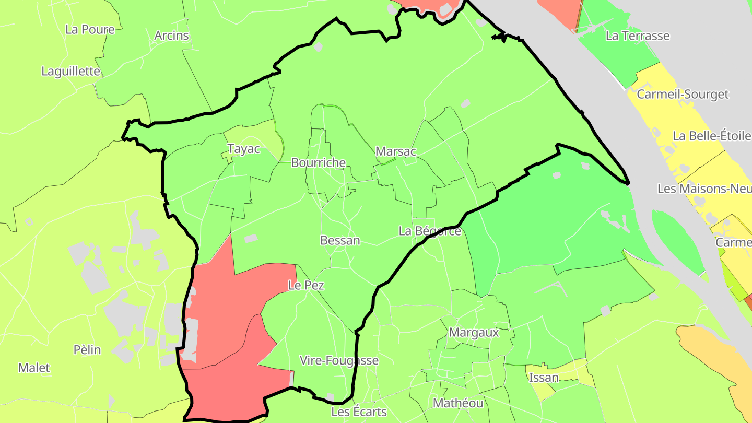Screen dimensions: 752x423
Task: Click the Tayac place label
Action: coord(244,149)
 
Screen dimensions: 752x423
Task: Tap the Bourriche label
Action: coord(319,162)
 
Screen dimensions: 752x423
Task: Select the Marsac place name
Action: coord(396,151)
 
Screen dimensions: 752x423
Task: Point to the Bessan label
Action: coord(340,240)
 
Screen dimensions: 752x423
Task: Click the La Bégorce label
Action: coord(430,231)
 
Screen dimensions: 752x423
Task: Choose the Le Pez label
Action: coord(306,285)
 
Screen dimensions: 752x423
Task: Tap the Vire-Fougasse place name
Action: coord(339,360)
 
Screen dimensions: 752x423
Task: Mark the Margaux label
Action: coord(474,332)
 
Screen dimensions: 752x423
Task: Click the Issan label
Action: coord(544,377)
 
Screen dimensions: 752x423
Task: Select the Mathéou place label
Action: coord(458,403)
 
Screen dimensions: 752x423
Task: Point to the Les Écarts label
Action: coord(359,412)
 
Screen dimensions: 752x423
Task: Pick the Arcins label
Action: coord(171,36)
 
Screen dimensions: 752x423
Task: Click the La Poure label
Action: coord(90,29)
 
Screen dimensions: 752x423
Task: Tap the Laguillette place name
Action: coord(70,71)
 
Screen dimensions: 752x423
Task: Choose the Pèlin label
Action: coord(87,349)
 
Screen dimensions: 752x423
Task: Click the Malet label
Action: coord(34,368)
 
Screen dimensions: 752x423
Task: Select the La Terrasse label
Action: coord(638,36)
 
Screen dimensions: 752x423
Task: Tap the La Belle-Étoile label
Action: coord(712,136)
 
